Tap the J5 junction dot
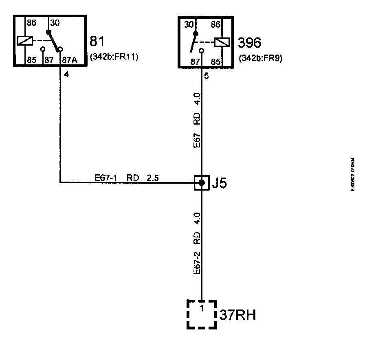(x=202, y=183)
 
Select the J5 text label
(x=219, y=183)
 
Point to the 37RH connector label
(x=238, y=315)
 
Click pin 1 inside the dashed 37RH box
(x=202, y=309)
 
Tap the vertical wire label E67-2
(x=197, y=263)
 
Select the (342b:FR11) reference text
(x=115, y=57)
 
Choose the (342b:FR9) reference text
(x=261, y=58)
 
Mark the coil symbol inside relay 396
(x=223, y=42)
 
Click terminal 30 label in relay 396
(x=189, y=24)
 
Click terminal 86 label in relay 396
(x=216, y=24)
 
